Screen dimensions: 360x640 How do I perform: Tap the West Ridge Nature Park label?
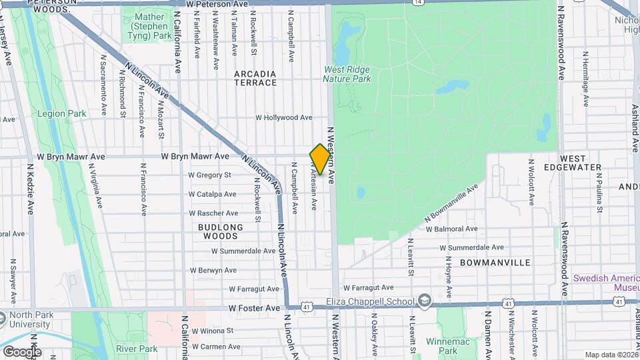tap(347, 74)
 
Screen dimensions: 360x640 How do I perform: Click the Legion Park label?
tap(62, 113)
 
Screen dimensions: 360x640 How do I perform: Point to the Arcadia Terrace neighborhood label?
tap(255, 78)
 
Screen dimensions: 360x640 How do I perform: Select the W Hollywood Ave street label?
tap(284, 118)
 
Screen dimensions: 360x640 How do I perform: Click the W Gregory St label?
tap(209, 175)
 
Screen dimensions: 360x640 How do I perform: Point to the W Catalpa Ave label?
tap(212, 195)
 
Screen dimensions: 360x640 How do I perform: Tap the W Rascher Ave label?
tap(213, 213)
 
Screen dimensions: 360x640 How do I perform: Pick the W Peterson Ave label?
tap(217, 4)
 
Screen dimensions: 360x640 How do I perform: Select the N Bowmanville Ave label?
tap(452, 205)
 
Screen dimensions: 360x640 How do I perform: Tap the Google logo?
tap(22, 351)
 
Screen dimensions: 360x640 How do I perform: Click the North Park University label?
tap(29, 319)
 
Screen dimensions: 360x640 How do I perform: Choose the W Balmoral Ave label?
tap(452, 229)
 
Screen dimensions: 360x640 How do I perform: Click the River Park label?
tap(136, 349)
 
